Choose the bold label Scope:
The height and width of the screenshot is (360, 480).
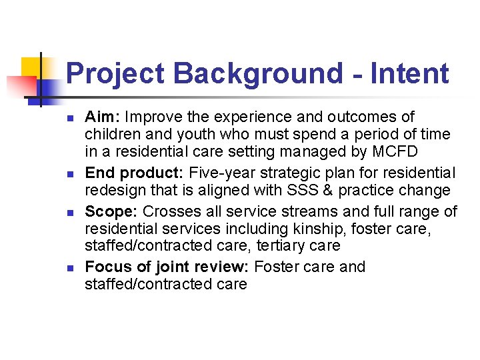pos(111,211)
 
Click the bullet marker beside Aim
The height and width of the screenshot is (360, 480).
pos(69,119)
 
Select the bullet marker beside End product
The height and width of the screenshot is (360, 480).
pos(69,175)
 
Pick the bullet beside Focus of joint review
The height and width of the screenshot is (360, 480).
pos(69,268)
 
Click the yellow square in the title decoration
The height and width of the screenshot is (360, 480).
pos(32,67)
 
